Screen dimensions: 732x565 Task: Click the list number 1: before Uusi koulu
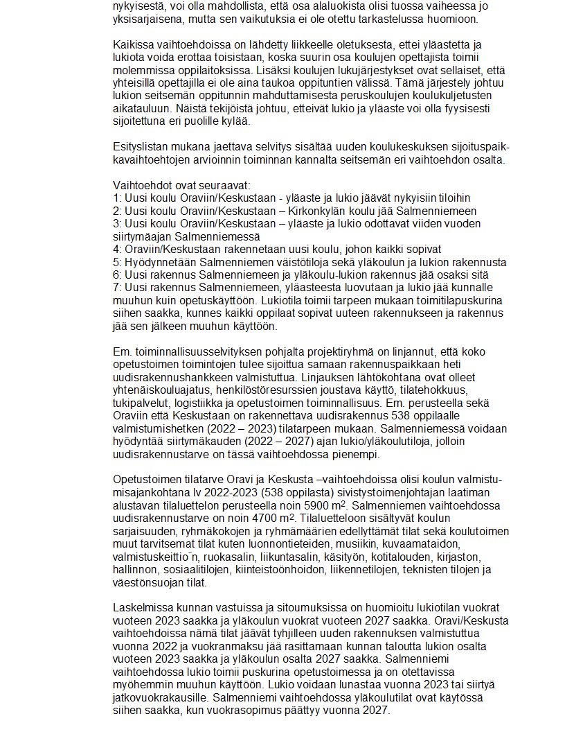pyautogui.click(x=116, y=198)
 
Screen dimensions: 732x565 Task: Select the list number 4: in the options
pyautogui.click(x=116, y=249)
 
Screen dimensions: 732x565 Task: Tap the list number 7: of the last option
pyautogui.click(x=116, y=287)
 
